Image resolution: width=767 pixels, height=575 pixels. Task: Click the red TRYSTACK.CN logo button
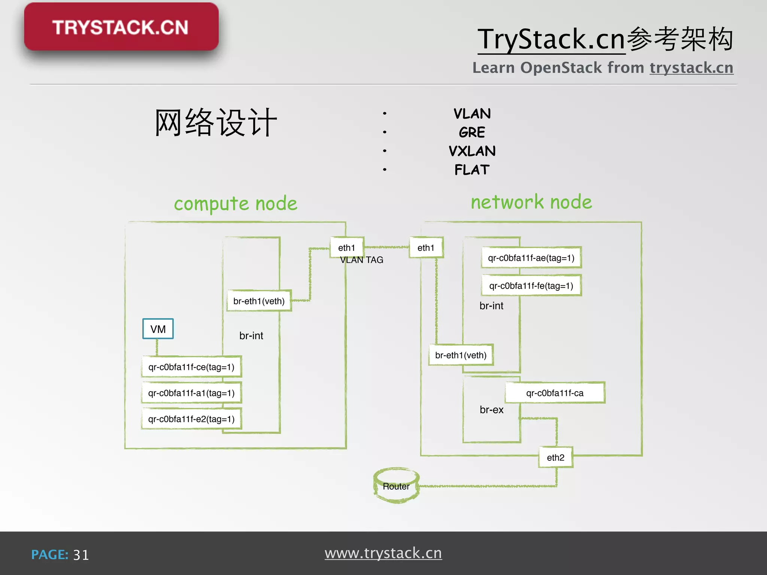point(121,27)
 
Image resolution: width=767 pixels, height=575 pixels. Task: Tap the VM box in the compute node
point(158,329)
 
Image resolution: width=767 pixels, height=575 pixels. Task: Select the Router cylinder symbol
point(396,486)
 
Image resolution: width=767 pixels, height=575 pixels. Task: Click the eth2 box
point(555,457)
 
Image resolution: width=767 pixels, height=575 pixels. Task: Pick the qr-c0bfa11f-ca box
point(555,393)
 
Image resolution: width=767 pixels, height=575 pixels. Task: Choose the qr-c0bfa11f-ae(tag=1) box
point(531,258)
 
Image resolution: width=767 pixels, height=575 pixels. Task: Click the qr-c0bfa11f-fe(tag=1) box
point(531,286)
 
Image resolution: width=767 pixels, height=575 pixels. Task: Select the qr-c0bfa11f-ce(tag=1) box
point(191,367)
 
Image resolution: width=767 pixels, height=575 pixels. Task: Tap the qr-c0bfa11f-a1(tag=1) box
point(191,393)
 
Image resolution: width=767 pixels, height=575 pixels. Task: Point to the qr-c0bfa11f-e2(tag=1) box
point(191,419)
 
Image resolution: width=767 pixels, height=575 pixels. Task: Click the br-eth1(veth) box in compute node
point(259,301)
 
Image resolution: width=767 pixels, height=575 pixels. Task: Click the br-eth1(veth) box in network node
point(461,355)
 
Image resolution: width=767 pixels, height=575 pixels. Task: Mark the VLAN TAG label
point(361,260)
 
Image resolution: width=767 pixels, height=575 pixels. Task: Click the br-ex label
point(491,410)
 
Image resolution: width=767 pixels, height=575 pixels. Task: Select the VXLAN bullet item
point(472,151)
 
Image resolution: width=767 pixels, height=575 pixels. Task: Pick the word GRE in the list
point(472,133)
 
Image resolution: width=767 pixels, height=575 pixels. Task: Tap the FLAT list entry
point(472,170)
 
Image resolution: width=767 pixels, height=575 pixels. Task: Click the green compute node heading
point(236,204)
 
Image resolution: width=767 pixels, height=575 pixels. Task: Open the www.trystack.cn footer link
point(383,553)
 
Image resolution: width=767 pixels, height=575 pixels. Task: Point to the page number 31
point(81,555)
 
